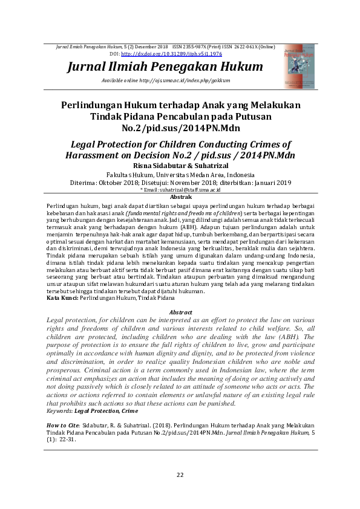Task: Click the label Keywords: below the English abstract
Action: pos(61,410)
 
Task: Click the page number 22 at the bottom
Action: pos(180,475)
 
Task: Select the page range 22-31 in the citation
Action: pos(71,440)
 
